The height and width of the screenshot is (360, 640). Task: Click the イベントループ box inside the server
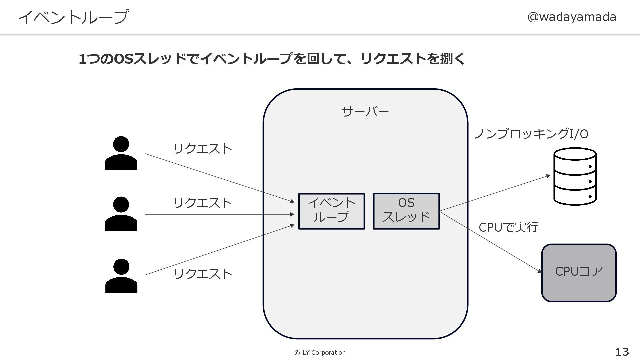pos(331,211)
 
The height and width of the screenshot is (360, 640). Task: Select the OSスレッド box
pos(406,211)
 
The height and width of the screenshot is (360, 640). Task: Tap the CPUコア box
pos(579,273)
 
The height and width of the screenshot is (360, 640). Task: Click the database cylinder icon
pos(575,177)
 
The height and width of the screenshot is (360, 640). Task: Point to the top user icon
pos(121,153)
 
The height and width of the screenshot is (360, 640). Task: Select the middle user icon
pos(121,214)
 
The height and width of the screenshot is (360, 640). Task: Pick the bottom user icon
pos(121,276)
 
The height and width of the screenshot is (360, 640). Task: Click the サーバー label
pos(365,111)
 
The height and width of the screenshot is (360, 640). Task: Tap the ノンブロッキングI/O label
pos(531,134)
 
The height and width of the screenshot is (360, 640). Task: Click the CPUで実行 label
pos(508,227)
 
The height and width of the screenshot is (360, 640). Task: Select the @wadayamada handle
pos(571,17)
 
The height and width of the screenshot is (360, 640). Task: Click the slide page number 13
pos(622,352)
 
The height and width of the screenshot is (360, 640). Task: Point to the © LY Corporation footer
pos(320,353)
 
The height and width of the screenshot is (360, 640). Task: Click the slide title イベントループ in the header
pos(73,17)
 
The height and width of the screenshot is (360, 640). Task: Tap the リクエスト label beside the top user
pos(202,149)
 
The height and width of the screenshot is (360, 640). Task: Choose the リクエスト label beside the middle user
pos(202,203)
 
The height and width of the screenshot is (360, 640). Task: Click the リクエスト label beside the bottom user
pos(202,274)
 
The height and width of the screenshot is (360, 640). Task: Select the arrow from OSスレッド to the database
pos(495,193)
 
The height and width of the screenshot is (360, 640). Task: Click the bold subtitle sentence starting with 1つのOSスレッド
pos(272,59)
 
